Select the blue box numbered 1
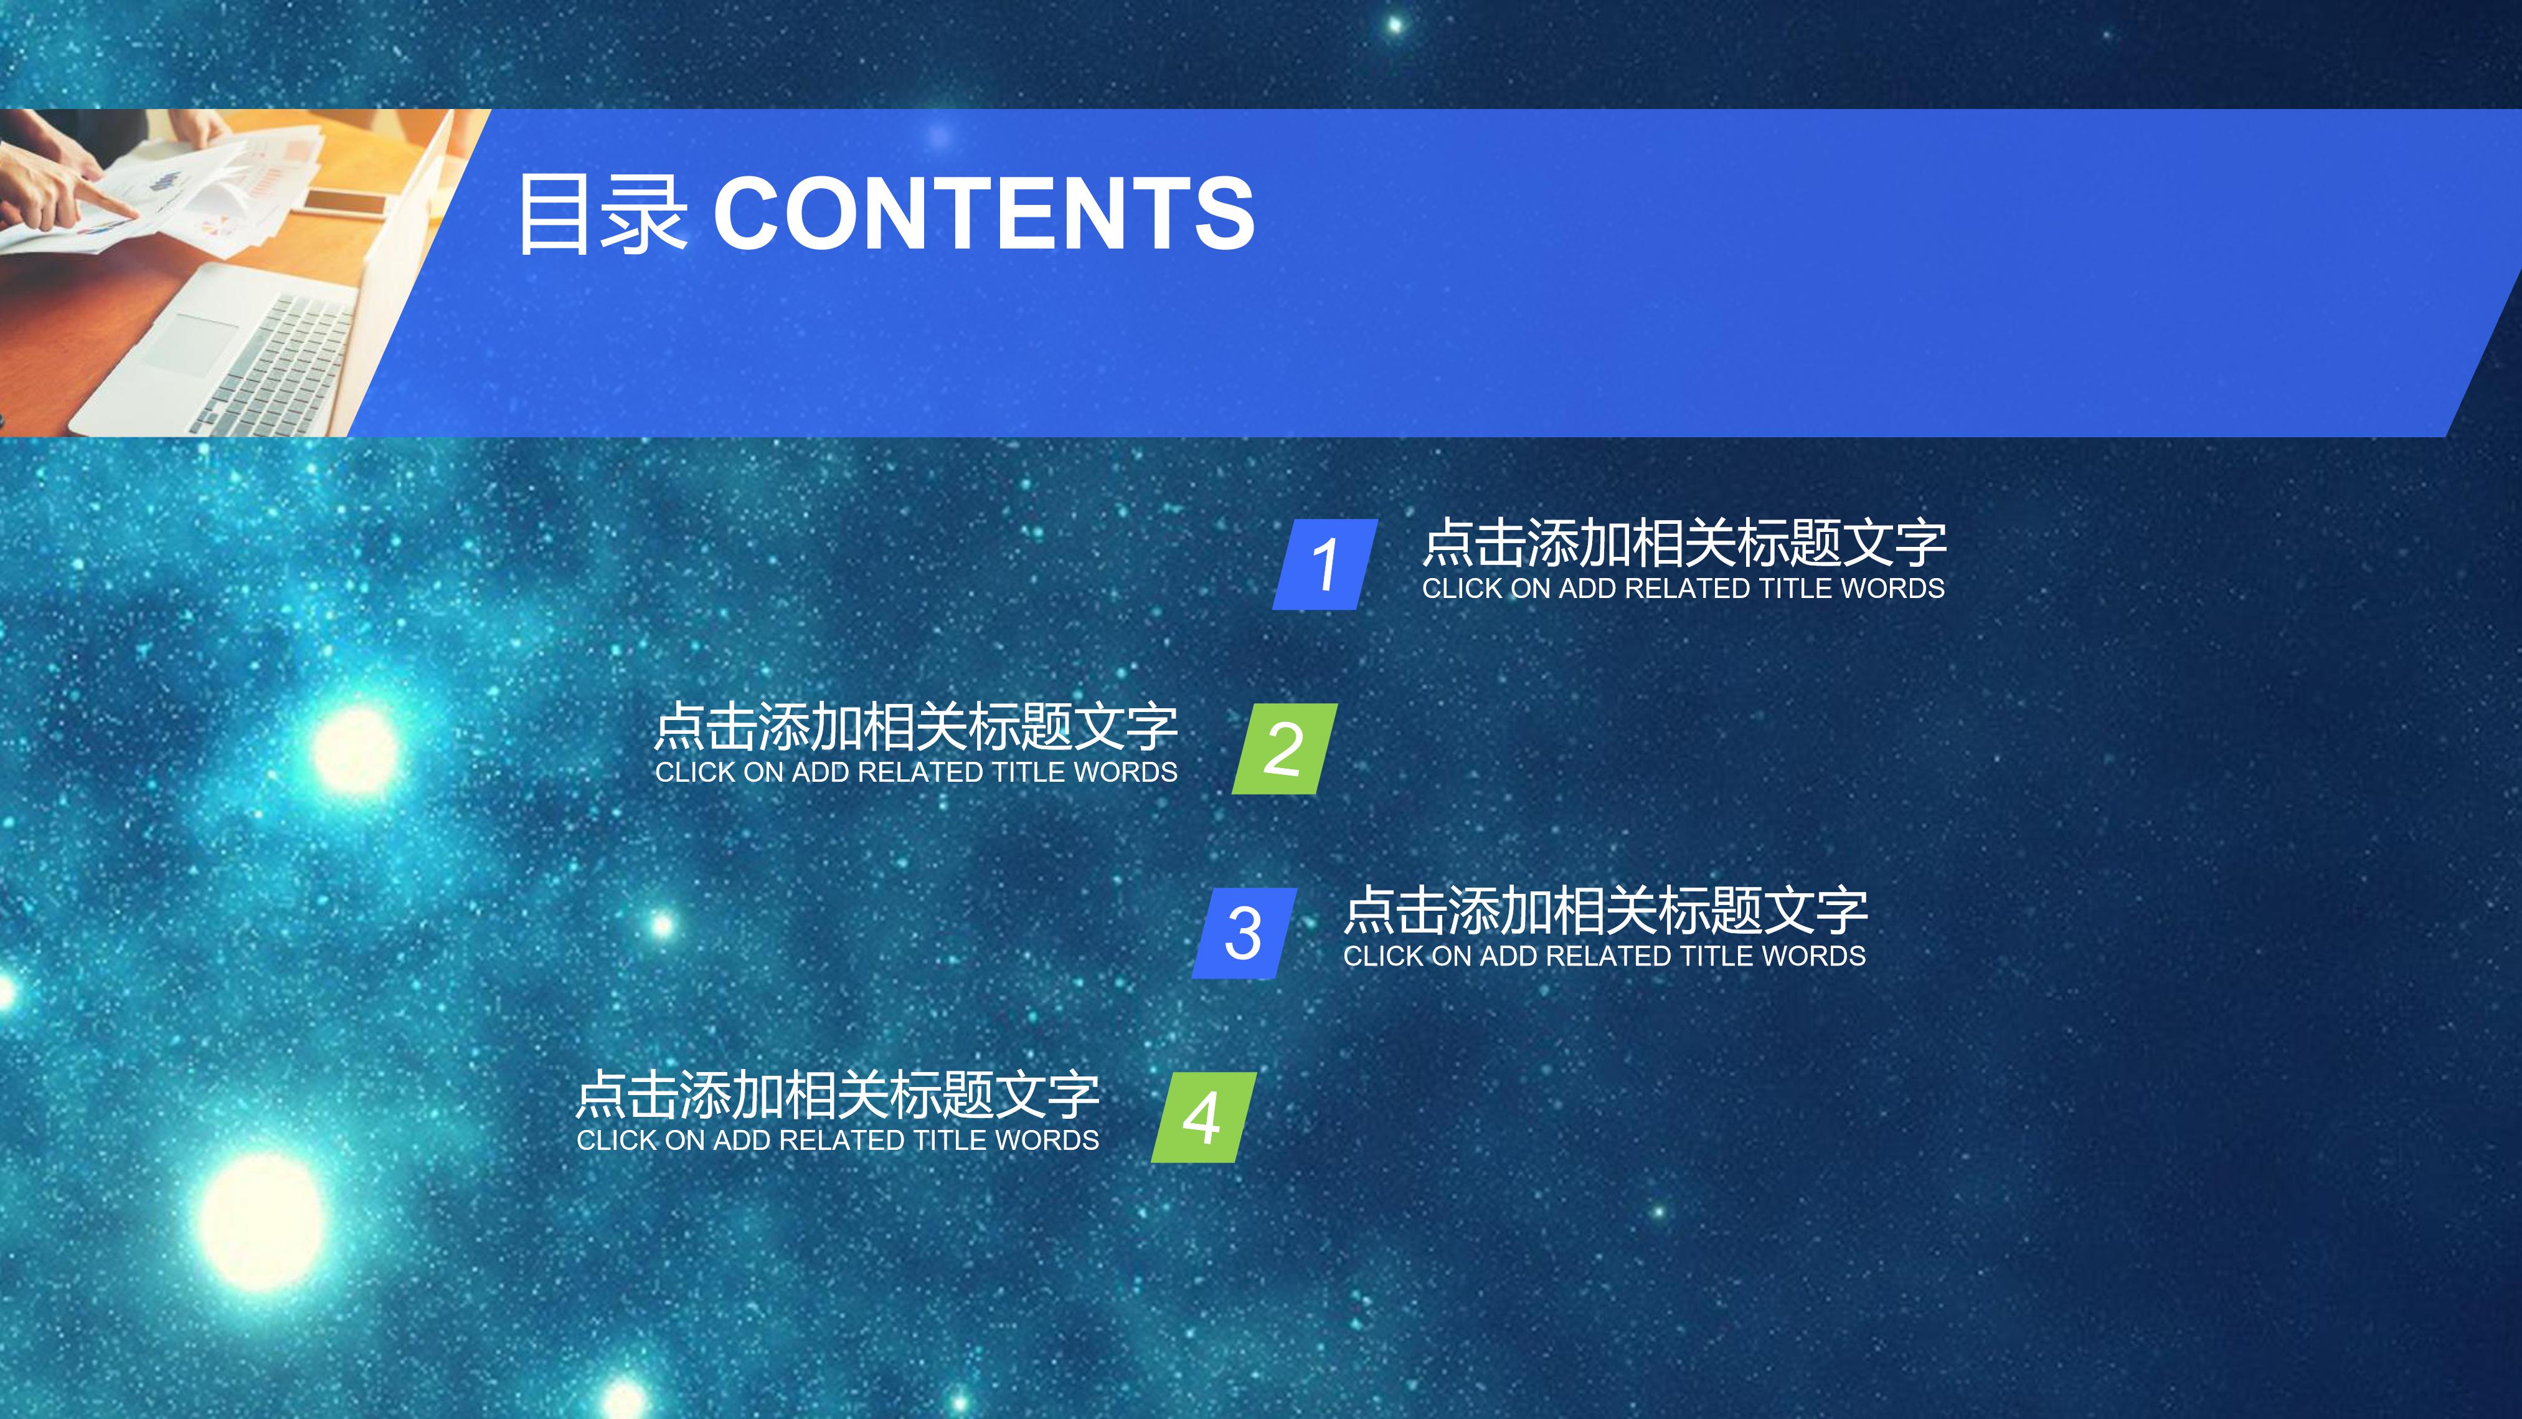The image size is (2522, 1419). tap(1325, 564)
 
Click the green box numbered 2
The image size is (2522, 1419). tap(1285, 748)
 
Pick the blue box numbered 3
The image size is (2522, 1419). tap(1244, 933)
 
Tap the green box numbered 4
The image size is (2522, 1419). tap(1203, 1116)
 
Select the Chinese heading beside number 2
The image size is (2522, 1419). tap(915, 727)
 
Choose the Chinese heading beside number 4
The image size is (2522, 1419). tap(837, 1095)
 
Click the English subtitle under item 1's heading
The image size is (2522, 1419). tap(1683, 589)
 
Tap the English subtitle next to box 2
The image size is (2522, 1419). tap(915, 772)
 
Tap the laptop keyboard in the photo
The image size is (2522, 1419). tap(279, 363)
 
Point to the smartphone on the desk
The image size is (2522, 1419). tap(344, 202)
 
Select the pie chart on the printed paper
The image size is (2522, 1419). tap(217, 227)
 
